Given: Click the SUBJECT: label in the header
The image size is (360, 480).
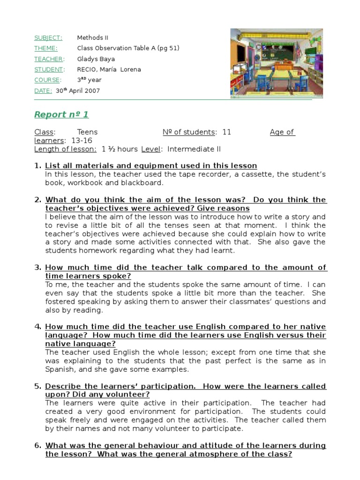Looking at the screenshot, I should pos(48,38).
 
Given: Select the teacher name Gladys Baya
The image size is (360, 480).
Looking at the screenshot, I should pos(96,59).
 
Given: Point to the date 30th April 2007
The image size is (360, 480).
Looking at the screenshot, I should pos(78,91).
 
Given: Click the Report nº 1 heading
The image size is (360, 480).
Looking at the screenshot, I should pos(61,115).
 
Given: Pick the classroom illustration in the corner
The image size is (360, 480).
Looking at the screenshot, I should pos(277,63).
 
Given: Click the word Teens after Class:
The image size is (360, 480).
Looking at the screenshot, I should pos(87,132).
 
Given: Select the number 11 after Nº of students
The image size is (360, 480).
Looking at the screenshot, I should pos(227,132).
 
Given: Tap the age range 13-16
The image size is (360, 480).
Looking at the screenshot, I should pos(82,141).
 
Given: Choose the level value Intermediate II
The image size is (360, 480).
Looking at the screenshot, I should pos(194,150).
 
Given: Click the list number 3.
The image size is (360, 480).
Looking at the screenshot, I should pos(38,268).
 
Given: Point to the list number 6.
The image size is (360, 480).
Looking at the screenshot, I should pos(38,446).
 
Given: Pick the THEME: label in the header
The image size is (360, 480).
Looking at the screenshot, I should pos(46,48).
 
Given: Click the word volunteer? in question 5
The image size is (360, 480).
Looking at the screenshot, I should pos(128,395).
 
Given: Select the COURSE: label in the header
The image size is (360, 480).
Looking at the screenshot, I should pos(47,80).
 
